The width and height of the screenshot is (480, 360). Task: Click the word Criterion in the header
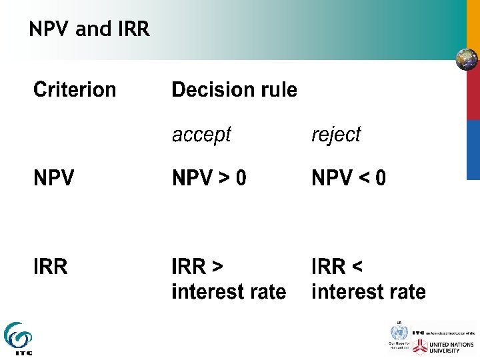coord(75,89)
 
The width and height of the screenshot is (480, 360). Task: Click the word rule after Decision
coord(277,89)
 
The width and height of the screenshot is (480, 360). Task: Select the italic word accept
coord(201,135)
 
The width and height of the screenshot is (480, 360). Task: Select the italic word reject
coord(336,135)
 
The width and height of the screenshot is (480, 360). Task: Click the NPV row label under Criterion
coord(54,179)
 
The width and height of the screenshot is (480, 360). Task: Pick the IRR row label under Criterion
coord(51,267)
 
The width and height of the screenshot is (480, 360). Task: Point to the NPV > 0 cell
coord(209,179)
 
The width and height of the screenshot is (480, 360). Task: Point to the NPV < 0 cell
coord(349,179)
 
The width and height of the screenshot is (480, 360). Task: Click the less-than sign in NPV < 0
coord(362,179)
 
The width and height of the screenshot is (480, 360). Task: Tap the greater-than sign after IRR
coord(217,267)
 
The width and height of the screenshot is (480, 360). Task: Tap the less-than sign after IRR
coord(357,267)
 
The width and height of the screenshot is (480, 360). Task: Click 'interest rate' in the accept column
coord(229,292)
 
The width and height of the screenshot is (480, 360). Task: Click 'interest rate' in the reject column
coord(369,292)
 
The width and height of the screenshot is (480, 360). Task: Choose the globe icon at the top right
coord(467,59)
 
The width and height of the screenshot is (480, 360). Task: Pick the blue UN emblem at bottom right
coord(399,331)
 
